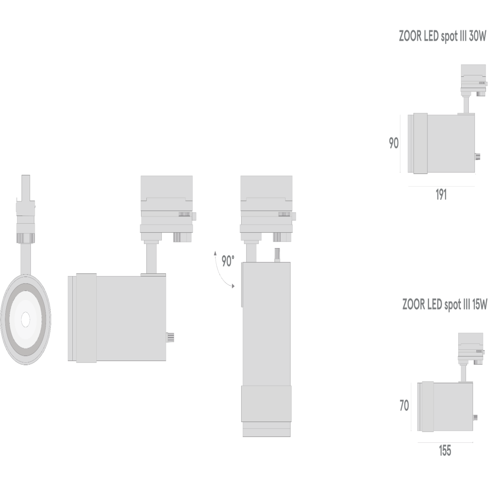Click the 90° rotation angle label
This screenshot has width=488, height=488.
[x=228, y=261]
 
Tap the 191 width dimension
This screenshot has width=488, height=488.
[x=441, y=195]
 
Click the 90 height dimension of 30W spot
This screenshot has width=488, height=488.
[x=394, y=143]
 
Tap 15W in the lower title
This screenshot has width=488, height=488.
[x=479, y=304]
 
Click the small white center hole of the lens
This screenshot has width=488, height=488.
[x=25, y=320]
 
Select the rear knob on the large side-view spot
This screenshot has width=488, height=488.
[x=170, y=337]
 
